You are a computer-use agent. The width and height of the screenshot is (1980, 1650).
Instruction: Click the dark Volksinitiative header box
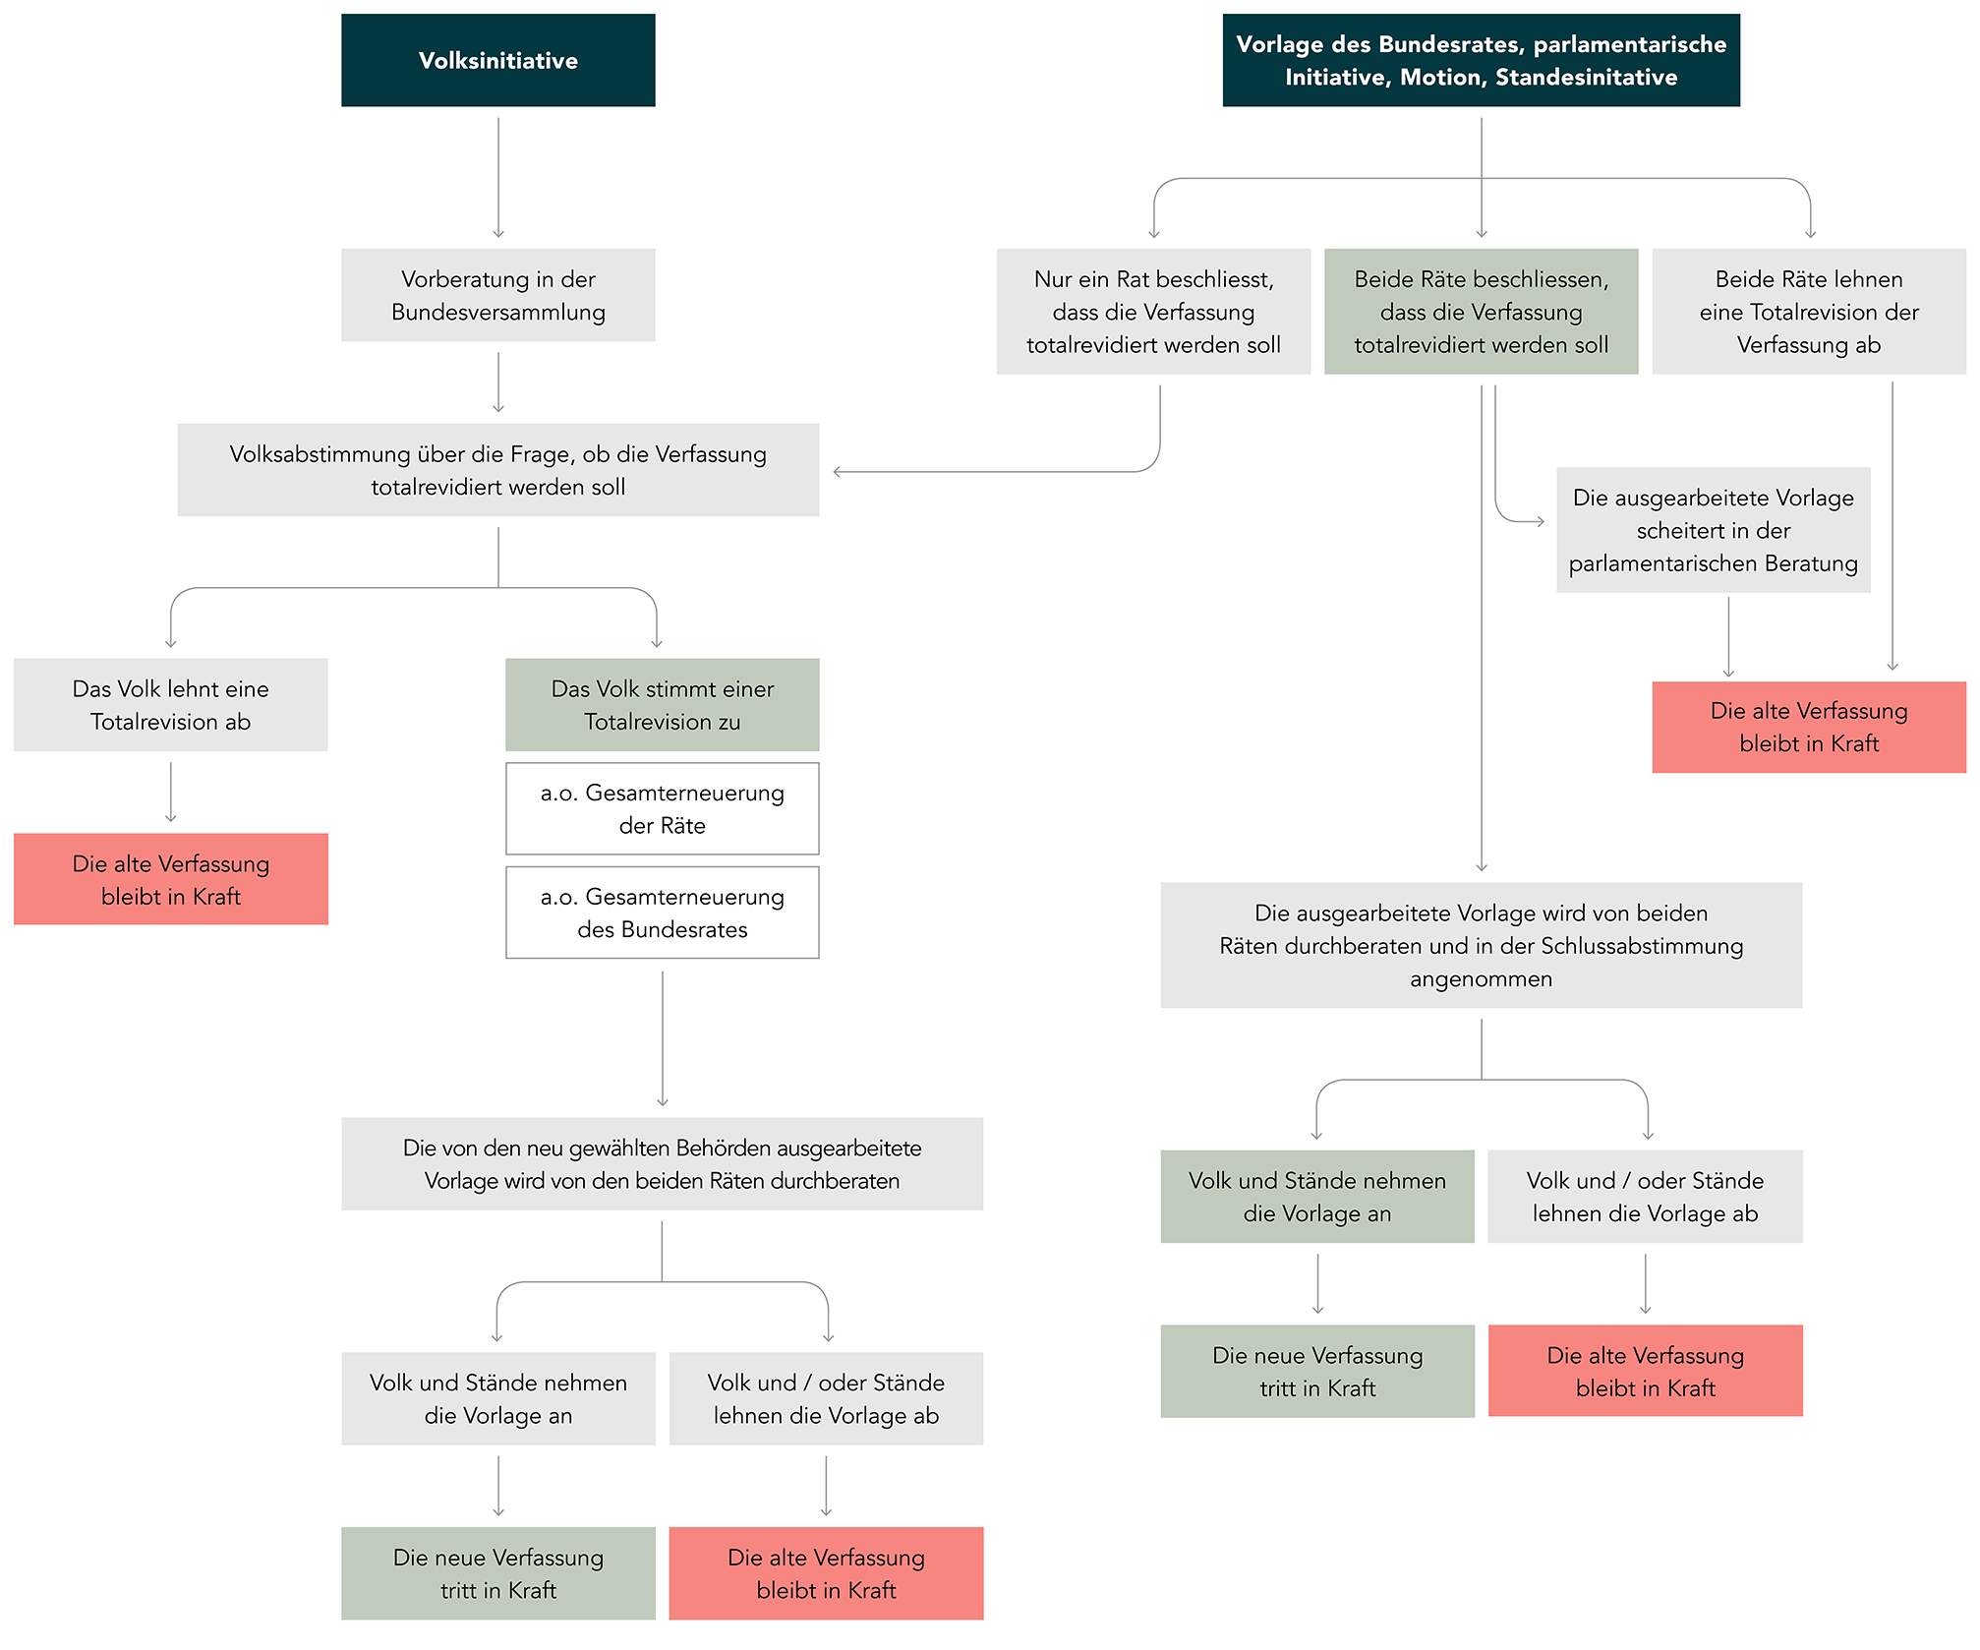(498, 60)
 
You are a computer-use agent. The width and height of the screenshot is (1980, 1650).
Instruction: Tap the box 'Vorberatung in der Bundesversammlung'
(498, 295)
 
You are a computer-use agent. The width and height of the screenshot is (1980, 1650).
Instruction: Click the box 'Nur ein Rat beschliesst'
(1153, 312)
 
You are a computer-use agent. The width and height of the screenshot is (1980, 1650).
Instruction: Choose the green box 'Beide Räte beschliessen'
(1482, 312)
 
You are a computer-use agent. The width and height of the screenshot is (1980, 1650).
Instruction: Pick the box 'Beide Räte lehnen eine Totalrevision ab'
(1809, 312)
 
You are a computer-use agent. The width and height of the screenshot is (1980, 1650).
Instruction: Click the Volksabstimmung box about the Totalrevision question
(498, 470)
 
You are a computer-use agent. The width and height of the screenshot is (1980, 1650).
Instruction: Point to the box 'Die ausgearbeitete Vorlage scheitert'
(1714, 530)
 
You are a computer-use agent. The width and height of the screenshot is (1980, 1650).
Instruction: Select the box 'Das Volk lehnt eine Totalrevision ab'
(171, 705)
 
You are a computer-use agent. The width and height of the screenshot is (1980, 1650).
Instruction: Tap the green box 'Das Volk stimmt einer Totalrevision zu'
(663, 705)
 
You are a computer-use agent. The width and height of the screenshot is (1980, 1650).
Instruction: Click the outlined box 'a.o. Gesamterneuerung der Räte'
(663, 808)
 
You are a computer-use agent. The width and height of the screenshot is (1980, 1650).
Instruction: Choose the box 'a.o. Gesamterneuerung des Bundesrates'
(663, 913)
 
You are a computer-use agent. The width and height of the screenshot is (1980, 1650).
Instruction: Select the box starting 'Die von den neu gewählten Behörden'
(663, 1163)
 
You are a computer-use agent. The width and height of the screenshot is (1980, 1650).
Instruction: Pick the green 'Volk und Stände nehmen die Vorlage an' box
(1317, 1197)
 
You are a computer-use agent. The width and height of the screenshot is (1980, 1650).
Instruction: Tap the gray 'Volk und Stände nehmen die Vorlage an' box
(498, 1398)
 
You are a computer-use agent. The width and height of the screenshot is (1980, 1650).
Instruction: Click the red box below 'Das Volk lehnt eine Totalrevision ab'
(171, 879)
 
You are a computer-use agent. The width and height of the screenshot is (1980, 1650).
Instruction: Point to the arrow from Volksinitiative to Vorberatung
(498, 178)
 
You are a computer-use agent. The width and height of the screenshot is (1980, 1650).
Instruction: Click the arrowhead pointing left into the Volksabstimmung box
(837, 472)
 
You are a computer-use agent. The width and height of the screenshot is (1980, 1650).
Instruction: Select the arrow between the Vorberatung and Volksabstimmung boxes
(498, 383)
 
